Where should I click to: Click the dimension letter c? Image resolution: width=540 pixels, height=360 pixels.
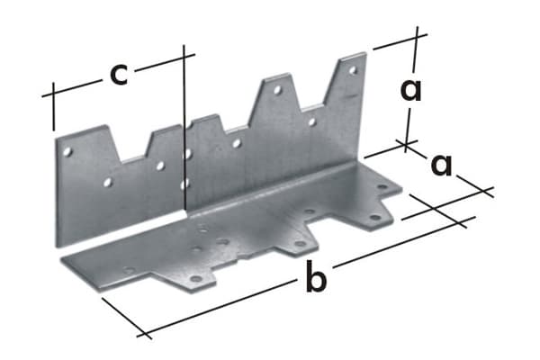click(118, 74)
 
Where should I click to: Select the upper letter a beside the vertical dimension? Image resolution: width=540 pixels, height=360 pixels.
click(411, 90)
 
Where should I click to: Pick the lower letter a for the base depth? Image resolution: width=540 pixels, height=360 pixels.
click(442, 165)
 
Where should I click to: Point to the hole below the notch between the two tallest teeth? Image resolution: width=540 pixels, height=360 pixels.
click(311, 121)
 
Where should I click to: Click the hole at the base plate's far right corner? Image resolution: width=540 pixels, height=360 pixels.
click(382, 187)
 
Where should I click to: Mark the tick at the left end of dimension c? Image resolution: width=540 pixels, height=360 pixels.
click(54, 94)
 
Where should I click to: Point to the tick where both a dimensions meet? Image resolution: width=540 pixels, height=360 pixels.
click(407, 142)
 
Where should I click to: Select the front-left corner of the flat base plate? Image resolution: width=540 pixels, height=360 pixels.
click(61, 262)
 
